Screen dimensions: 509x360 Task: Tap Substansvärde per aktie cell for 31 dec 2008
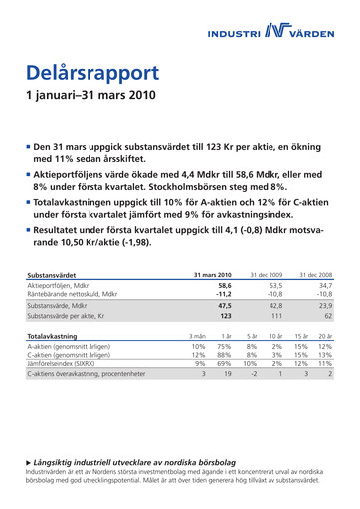pyautogui.click(x=325, y=317)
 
